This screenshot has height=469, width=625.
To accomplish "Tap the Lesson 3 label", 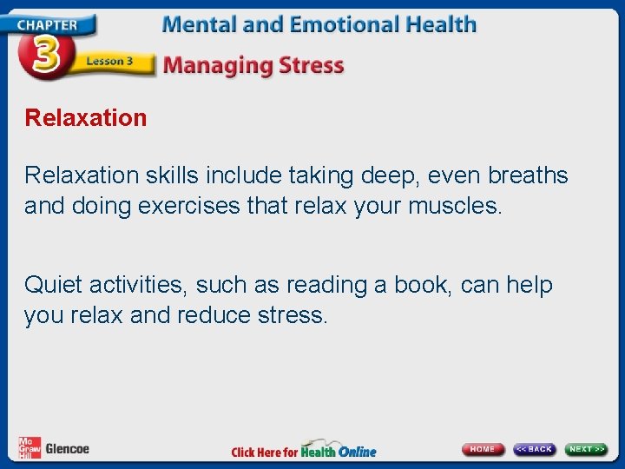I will (x=109, y=63).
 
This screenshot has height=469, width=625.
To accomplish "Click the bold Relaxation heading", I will (x=86, y=117).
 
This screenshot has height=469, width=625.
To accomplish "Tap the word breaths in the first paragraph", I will (x=528, y=175).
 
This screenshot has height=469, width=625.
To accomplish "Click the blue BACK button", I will (x=534, y=449).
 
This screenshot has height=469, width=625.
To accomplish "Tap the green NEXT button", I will (x=587, y=449).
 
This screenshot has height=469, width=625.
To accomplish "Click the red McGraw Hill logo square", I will (x=30, y=447).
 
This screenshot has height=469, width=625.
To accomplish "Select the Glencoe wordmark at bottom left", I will (x=67, y=449).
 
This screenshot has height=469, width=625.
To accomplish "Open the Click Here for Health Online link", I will (x=304, y=451).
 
